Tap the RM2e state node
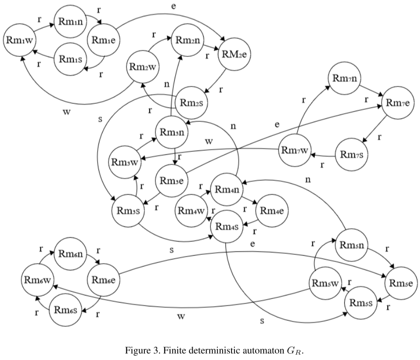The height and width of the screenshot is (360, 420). pos(234,54)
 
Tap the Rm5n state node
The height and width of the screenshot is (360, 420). pos(352,246)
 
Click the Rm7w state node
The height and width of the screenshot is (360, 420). pos(295,151)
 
